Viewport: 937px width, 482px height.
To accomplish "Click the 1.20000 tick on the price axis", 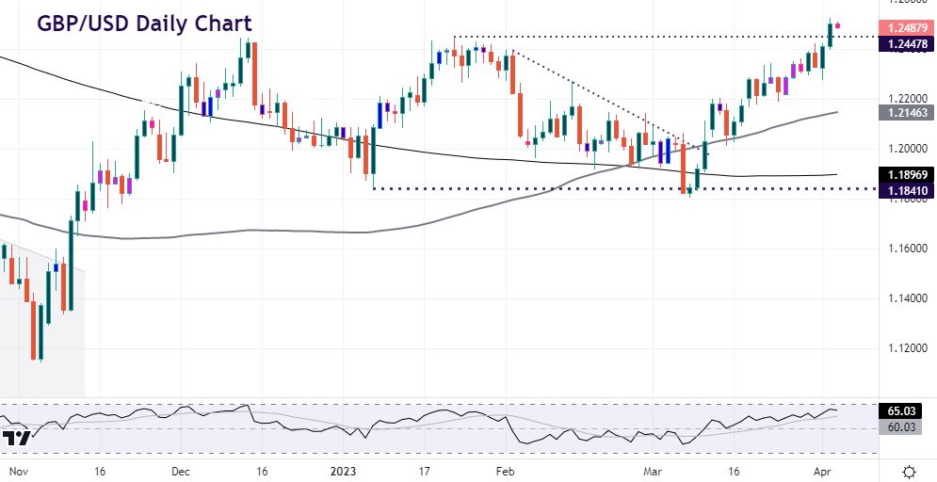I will pyautogui.click(x=904, y=149).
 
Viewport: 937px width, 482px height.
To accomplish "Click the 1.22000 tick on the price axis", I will pyautogui.click(x=904, y=99).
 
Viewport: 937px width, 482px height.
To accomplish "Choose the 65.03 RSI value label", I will pyautogui.click(x=904, y=411).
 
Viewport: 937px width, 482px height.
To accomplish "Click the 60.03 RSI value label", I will pyautogui.click(x=904, y=427).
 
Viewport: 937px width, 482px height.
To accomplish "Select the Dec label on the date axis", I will pyautogui.click(x=182, y=471).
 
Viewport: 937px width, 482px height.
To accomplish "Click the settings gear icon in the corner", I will pyautogui.click(x=910, y=470).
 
